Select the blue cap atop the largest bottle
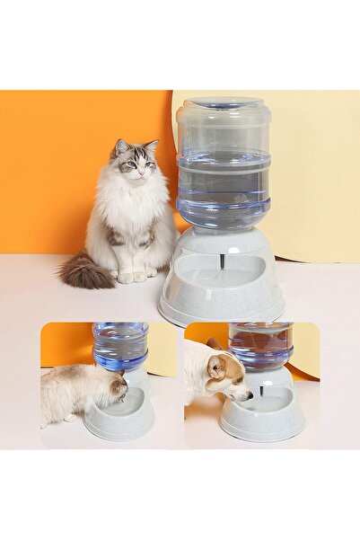tap(224, 102)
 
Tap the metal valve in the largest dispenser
tap(221, 261)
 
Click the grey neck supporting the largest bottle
tap(222, 241)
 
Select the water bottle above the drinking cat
tap(121, 345)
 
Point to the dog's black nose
tap(249, 396)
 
